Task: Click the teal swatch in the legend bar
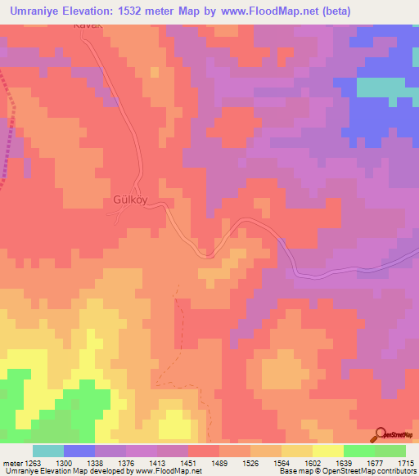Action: (x=48, y=451)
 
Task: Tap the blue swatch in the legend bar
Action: (x=79, y=451)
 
